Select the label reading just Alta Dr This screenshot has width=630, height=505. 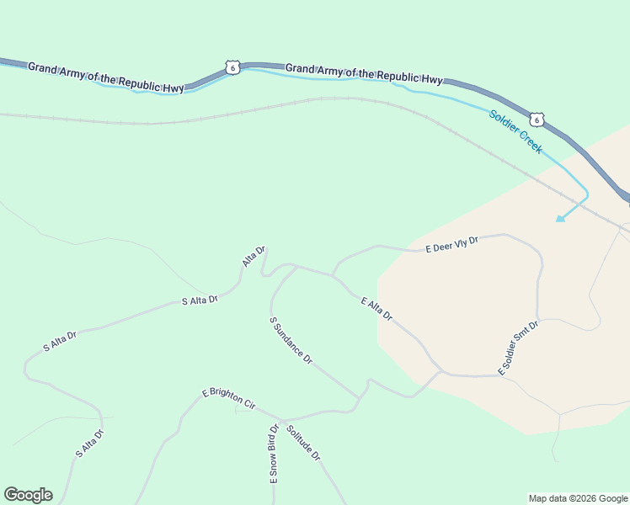254,257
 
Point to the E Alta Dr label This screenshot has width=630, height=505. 376,309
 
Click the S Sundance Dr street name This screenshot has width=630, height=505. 291,341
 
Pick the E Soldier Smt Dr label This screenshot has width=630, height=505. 518,347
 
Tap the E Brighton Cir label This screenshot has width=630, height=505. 228,398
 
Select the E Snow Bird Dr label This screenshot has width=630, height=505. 274,454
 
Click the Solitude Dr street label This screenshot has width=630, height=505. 303,444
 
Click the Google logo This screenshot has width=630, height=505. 28,495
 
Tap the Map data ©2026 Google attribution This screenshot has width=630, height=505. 579,498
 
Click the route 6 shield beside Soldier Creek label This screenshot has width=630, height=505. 537,119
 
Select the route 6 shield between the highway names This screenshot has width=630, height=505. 233,66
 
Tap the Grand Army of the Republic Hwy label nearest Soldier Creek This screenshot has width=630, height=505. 364,73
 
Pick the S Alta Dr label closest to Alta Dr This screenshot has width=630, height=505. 200,300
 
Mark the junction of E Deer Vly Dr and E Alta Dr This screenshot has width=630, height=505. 334,275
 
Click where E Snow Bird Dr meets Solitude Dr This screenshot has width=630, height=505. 284,420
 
